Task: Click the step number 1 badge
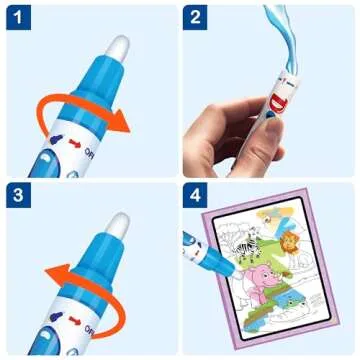18,18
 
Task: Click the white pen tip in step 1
118,44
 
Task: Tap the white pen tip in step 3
118,226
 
